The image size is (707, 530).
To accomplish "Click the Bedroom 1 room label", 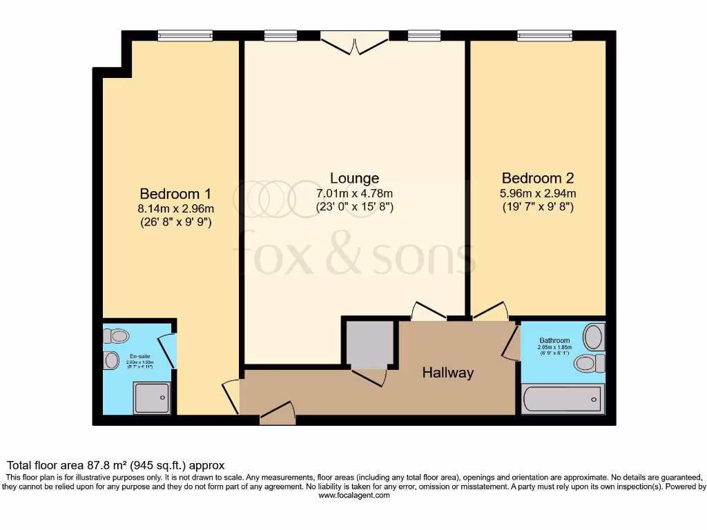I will (x=175, y=193).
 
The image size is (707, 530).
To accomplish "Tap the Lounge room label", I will (x=354, y=178).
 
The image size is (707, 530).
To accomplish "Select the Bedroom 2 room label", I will (x=538, y=178).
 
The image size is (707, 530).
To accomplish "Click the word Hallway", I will (x=448, y=373).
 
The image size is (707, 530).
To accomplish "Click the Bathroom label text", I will (x=554, y=340).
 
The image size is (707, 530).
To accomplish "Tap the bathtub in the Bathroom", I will (x=562, y=399).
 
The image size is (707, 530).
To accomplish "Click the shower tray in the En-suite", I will (x=151, y=398).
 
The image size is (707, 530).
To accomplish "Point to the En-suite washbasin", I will (x=111, y=361).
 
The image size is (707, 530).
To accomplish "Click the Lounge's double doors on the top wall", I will (x=355, y=43).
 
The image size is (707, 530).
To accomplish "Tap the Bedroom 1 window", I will (x=184, y=36).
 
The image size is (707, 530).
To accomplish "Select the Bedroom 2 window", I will (x=545, y=36).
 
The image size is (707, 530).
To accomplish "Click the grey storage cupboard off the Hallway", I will (x=370, y=344).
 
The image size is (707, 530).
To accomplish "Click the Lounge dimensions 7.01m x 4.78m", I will (x=354, y=193).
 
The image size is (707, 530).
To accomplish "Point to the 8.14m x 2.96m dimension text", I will (x=175, y=208).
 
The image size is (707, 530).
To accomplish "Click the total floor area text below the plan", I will (x=115, y=466).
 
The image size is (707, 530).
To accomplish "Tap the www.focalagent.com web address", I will (x=354, y=495).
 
